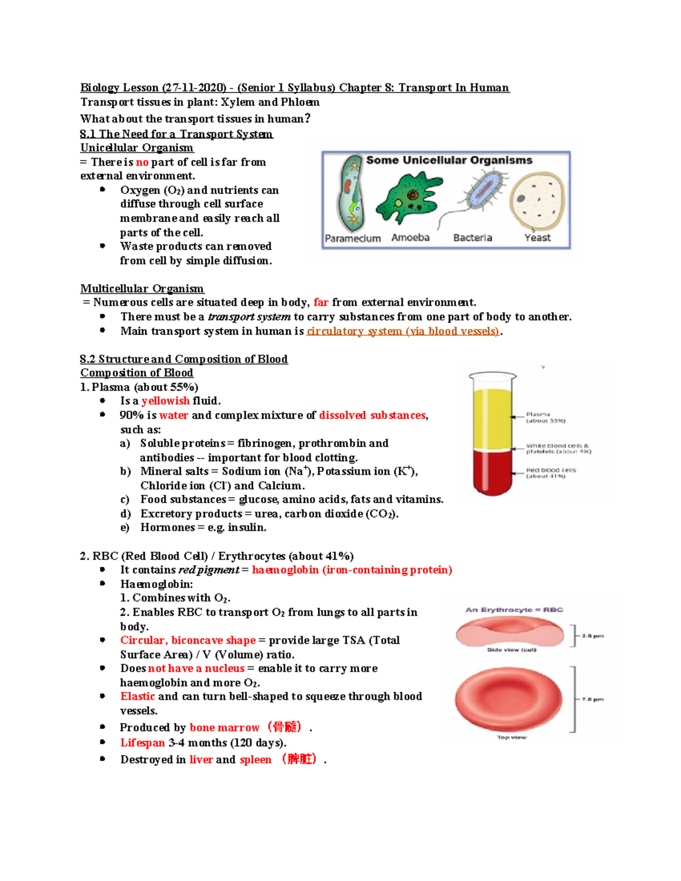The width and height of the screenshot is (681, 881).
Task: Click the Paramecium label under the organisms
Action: coord(352,238)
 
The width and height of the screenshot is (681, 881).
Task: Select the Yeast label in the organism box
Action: coord(537,238)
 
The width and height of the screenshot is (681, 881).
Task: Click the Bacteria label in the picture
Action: coord(472,238)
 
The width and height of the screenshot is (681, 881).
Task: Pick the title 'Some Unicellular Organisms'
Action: coord(449,161)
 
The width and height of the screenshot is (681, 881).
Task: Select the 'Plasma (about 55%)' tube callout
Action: coord(545,418)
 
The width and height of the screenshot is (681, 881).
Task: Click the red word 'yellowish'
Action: coord(166,401)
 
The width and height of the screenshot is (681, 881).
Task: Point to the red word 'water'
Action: coord(174,415)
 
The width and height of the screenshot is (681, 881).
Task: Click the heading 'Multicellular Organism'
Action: coord(142,289)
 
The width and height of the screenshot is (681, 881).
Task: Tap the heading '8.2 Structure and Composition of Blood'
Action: coord(184,359)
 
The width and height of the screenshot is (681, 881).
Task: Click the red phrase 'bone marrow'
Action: coord(224,728)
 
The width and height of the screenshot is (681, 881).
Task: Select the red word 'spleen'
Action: coord(255,760)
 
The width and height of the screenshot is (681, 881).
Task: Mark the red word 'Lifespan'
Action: coord(142,743)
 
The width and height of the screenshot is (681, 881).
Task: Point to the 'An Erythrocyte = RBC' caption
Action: coord(514,610)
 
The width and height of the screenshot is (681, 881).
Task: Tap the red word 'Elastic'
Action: coord(137,697)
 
